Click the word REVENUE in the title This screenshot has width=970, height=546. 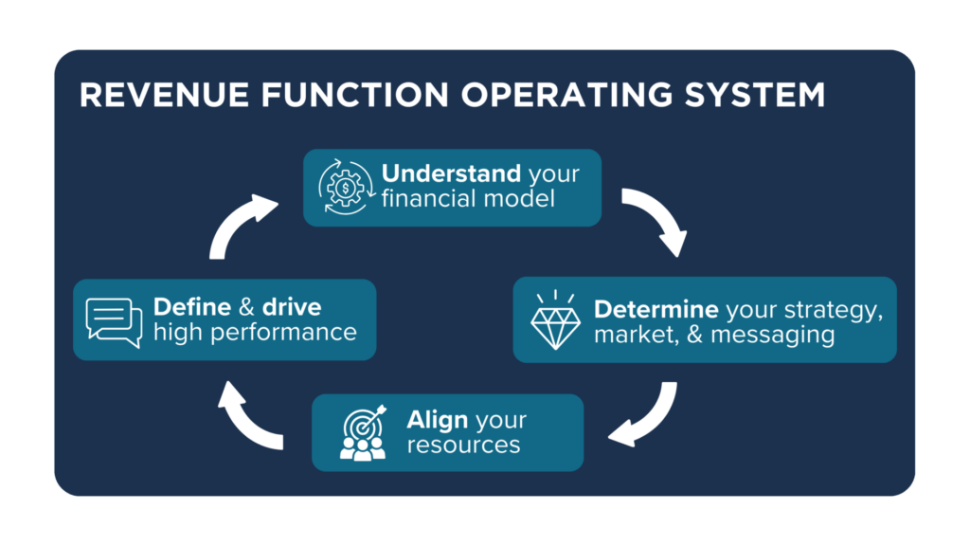[x=164, y=96]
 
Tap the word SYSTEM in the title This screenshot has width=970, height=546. [x=755, y=96]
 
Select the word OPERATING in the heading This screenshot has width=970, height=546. [x=566, y=96]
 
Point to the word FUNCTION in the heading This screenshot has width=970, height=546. [x=354, y=96]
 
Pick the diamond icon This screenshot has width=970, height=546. [x=555, y=319]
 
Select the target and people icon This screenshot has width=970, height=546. [x=364, y=432]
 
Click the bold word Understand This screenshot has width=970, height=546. [x=451, y=173]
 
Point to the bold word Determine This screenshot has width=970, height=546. [x=656, y=309]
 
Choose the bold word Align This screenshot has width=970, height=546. [x=438, y=420]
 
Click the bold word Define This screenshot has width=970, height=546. [x=192, y=307]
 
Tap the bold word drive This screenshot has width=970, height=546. [x=292, y=307]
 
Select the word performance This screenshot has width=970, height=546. [x=283, y=333]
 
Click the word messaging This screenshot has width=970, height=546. [x=773, y=335]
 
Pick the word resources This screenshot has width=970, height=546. [x=463, y=446]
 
